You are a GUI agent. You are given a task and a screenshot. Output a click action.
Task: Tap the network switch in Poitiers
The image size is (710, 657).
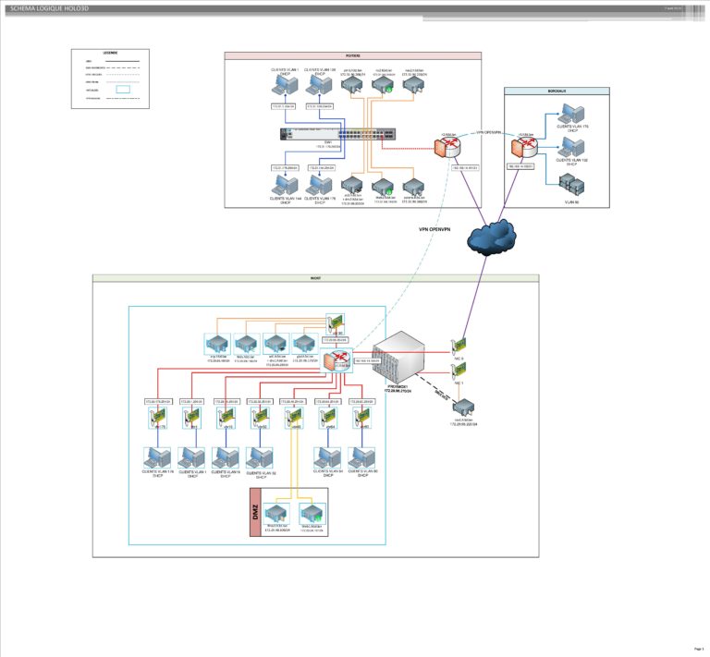[342, 134]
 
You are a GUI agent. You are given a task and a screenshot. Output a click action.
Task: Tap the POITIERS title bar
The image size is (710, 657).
[352, 56]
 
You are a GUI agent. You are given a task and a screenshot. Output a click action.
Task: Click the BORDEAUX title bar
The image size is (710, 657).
[557, 91]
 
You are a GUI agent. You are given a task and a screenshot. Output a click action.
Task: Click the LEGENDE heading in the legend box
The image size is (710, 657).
[109, 54]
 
